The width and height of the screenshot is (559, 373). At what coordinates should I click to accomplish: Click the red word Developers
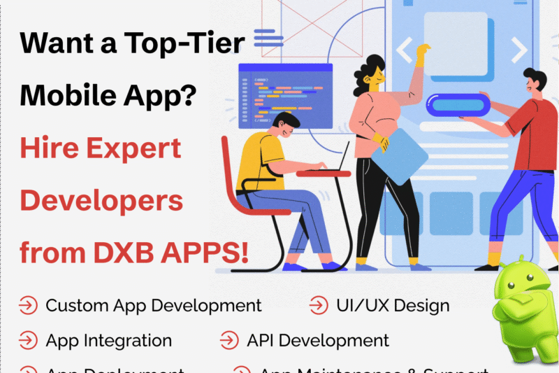click(x=101, y=201)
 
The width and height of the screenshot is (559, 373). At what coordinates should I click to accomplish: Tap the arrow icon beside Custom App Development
click(x=29, y=306)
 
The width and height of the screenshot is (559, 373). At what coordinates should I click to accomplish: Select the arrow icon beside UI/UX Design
click(x=318, y=306)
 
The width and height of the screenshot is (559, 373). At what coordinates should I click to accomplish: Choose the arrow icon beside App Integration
click(x=29, y=341)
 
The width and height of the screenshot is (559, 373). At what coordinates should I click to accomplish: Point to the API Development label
click(x=318, y=341)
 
